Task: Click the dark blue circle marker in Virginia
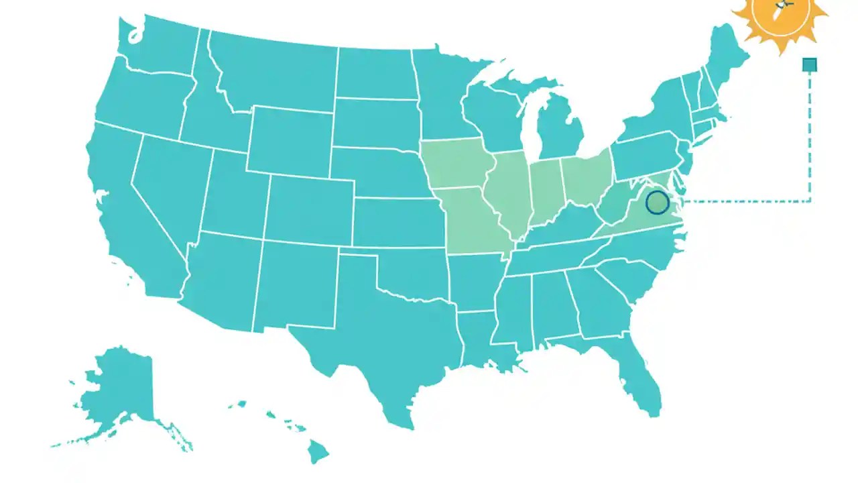[x=658, y=202]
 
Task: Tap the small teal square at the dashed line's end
[x=810, y=65]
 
